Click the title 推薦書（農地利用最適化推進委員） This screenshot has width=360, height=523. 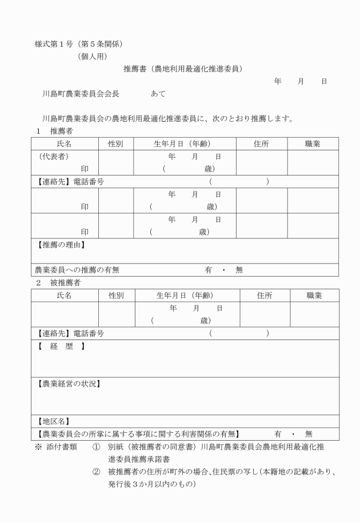coord(183,69)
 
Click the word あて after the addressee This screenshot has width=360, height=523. coord(158,94)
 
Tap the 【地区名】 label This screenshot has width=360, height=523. coord(53,421)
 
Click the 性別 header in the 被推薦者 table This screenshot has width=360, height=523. coord(116,296)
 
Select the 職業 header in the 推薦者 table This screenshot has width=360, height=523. coord(313,144)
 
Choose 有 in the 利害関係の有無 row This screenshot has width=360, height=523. coord(278,434)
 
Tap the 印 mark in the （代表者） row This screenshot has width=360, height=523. coord(85,169)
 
